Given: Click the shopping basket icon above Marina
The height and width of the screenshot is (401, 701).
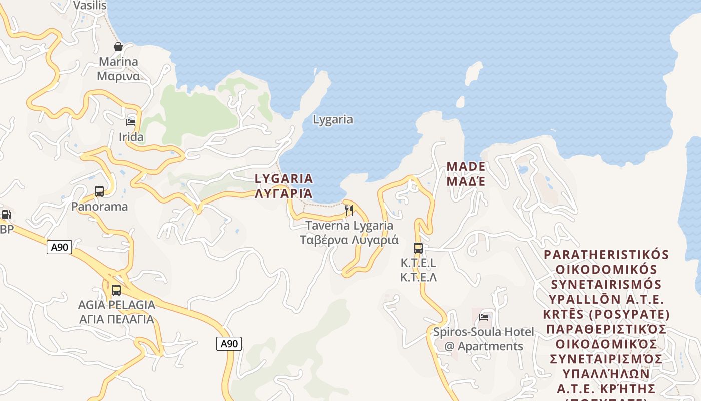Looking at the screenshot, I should coord(118,47).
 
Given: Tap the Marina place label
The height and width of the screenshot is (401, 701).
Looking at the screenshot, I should coord(118,69).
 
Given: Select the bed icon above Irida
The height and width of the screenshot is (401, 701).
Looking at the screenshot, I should coord(131,122).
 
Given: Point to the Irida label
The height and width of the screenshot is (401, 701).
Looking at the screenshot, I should coord(131,137).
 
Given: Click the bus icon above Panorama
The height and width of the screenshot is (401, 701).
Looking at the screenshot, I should coord(99,191).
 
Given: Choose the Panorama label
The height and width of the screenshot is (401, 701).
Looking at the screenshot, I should coord(99,206).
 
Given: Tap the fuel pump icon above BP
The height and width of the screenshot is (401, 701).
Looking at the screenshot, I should coord(6,215).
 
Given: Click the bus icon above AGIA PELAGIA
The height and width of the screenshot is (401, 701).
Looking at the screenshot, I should coord(116,290).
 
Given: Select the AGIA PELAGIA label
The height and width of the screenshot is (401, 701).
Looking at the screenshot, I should coord(117,311).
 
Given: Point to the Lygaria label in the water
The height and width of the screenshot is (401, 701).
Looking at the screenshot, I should coord(333,119).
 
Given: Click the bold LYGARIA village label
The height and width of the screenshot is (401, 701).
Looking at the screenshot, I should coord(284,185).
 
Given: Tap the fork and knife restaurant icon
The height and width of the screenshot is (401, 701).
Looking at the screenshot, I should coord(349,211).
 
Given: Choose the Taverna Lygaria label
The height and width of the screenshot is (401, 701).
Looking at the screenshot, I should coord(349,233).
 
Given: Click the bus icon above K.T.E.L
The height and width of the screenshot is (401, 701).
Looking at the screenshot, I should coord(418,248).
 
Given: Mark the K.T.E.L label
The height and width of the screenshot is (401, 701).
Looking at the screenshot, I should coord(418,269).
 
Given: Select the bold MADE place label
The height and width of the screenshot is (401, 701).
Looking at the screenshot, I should coord(466,173).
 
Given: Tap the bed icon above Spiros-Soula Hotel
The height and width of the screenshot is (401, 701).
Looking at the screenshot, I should coord(484,317).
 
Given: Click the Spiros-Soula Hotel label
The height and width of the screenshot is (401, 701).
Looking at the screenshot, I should coord(484,339).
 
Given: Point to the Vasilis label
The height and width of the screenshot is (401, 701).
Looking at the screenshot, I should coord(90,5).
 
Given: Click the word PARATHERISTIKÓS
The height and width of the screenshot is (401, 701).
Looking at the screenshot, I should coord(607,254).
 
